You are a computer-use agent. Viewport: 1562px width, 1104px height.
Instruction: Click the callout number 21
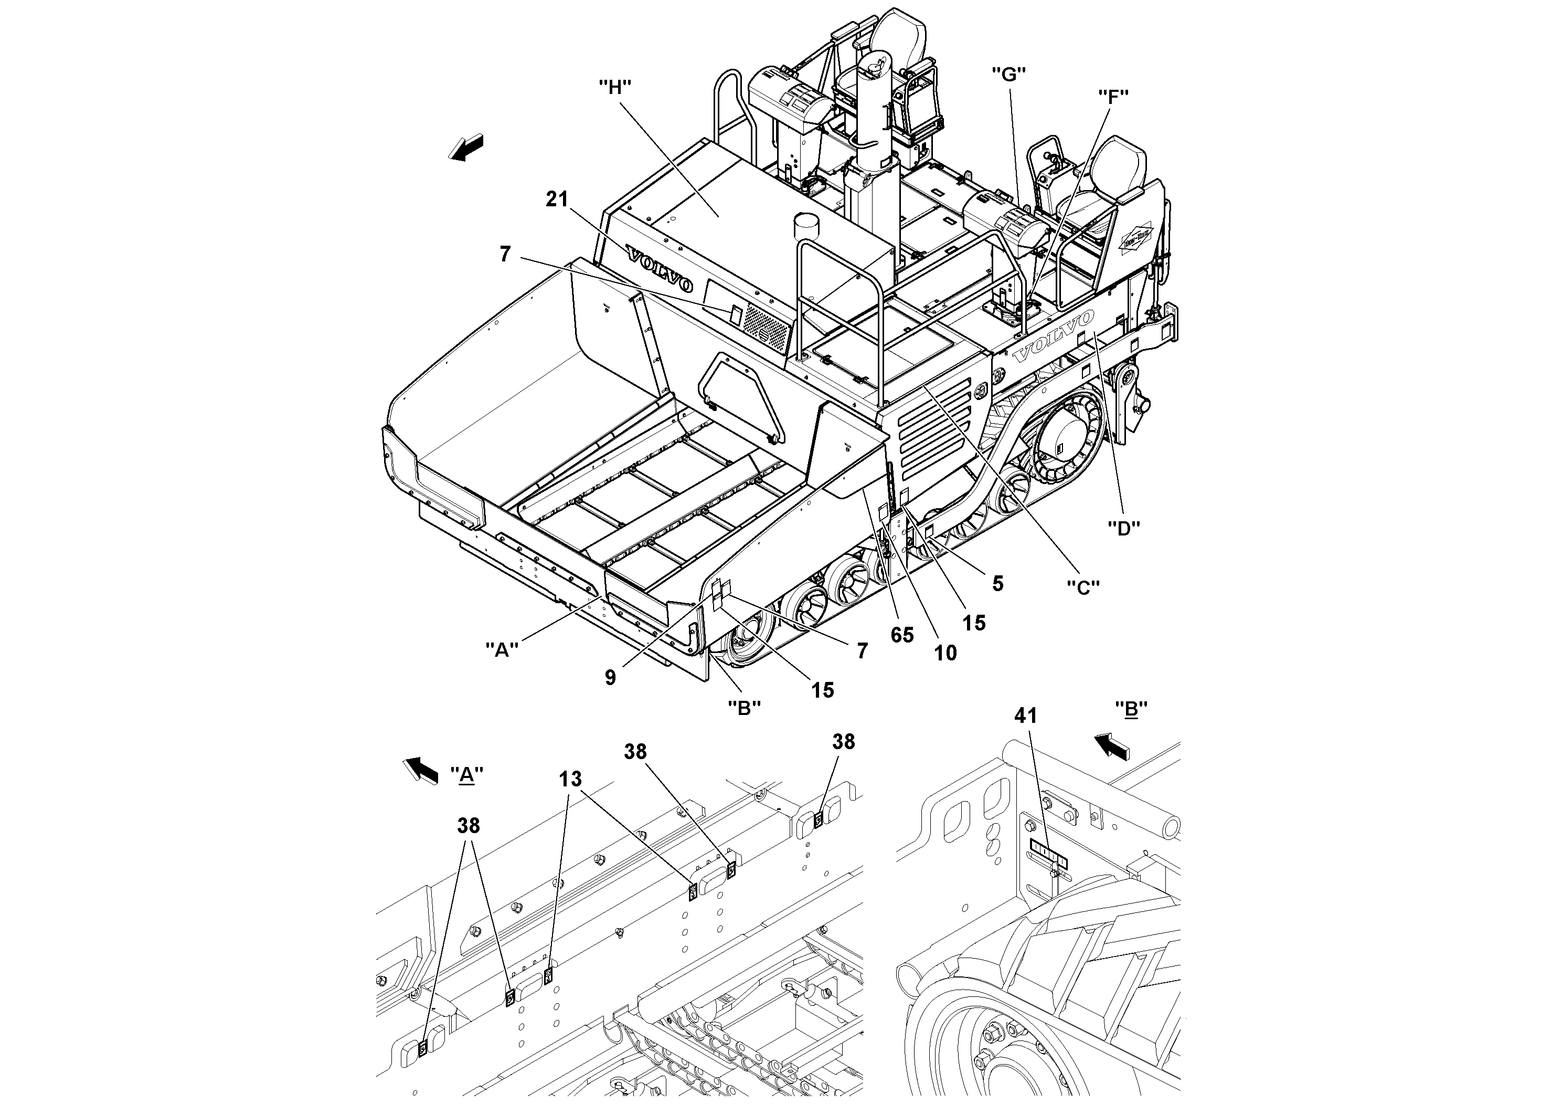tap(557, 199)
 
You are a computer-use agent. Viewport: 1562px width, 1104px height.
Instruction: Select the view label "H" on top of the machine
tap(614, 87)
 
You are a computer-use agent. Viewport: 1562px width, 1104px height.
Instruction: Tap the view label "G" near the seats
tap(1008, 74)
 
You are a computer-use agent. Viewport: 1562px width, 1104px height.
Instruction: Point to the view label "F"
tap(1113, 97)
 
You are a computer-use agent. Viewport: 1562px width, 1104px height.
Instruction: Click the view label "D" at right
tap(1123, 528)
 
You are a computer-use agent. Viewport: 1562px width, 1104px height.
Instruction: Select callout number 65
tap(902, 635)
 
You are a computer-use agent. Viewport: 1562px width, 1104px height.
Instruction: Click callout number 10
tap(945, 653)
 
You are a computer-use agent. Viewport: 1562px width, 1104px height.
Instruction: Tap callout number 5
tap(997, 583)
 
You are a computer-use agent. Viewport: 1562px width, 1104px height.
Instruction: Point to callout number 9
tap(610, 677)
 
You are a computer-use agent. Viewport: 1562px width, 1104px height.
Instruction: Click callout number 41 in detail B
tap(1025, 716)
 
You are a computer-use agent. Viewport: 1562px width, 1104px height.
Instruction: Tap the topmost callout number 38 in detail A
tap(844, 741)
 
